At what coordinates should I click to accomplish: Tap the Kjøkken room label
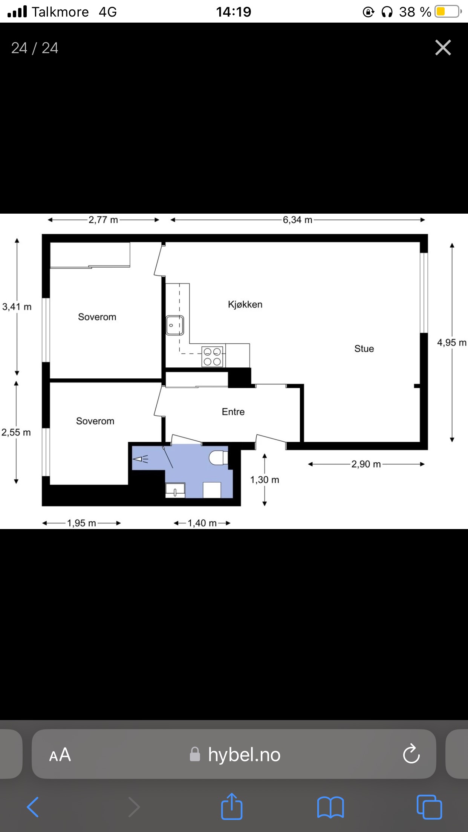click(x=245, y=304)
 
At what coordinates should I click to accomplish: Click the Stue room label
click(x=364, y=349)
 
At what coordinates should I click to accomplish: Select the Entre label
click(x=233, y=412)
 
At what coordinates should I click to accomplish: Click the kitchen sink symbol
click(x=175, y=325)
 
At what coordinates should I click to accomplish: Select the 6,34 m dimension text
click(x=298, y=220)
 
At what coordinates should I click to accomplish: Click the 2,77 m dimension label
click(x=103, y=220)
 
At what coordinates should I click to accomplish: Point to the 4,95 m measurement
click(x=452, y=343)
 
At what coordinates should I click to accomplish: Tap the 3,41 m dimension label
click(x=17, y=307)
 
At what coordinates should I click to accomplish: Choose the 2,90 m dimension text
click(x=366, y=464)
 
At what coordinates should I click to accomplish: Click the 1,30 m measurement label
click(x=265, y=480)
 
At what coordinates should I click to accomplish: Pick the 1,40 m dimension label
click(x=202, y=523)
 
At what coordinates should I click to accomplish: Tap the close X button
click(x=443, y=48)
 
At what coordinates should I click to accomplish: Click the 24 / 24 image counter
click(x=35, y=48)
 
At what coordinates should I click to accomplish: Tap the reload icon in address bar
click(x=411, y=754)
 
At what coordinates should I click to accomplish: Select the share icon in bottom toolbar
click(x=231, y=806)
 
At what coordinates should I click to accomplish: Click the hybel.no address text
click(x=244, y=755)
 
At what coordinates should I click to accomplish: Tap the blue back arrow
click(x=33, y=807)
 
